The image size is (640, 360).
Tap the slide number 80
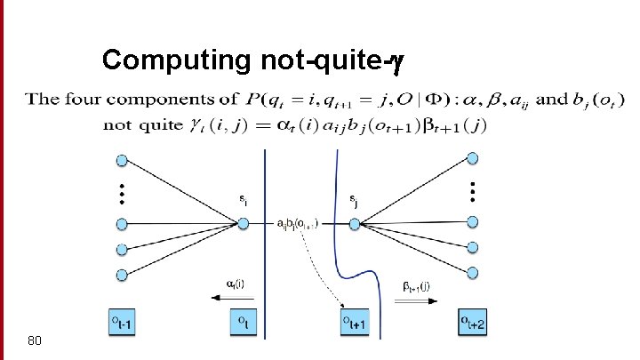pyautogui.click(x=35, y=340)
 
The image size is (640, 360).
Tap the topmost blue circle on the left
pyautogui.click(x=123, y=160)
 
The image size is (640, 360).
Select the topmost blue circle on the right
pyautogui.click(x=473, y=160)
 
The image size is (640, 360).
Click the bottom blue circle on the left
pyautogui.click(x=123, y=274)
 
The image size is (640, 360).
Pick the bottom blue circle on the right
pyautogui.click(x=473, y=272)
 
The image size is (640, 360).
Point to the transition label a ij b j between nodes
pyautogui.click(x=300, y=222)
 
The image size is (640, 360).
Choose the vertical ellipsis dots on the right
pyautogui.click(x=473, y=191)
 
